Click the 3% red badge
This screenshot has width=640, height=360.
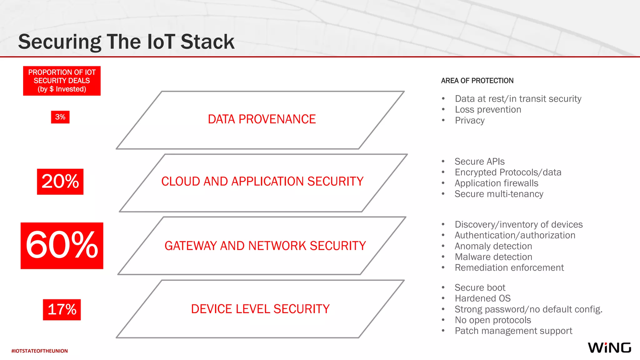click(x=60, y=117)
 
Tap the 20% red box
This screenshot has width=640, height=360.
click(x=60, y=182)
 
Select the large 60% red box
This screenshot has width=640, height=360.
click(x=62, y=246)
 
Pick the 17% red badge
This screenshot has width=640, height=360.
click(x=62, y=309)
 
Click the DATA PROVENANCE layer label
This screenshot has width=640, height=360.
click(x=262, y=119)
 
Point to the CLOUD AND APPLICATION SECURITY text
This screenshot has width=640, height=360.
click(x=262, y=182)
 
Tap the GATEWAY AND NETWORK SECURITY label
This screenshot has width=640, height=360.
click(x=265, y=246)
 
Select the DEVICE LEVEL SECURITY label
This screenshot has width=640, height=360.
click(x=260, y=309)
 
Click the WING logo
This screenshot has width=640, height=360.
click(x=609, y=348)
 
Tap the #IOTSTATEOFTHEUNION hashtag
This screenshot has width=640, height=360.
click(x=40, y=351)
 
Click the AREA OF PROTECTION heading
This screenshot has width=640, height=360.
click(x=477, y=81)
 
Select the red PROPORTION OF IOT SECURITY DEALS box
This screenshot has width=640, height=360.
click(x=62, y=81)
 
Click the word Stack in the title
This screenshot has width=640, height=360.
click(x=207, y=42)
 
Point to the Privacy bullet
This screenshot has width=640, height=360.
click(x=470, y=121)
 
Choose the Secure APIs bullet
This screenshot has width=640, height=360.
click(x=479, y=162)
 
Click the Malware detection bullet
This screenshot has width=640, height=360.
click(x=493, y=257)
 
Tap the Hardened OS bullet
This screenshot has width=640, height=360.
click(x=482, y=298)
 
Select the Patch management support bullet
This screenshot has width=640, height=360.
click(x=513, y=331)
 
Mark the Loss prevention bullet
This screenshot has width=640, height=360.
click(x=488, y=110)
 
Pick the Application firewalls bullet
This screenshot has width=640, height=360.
click(x=496, y=183)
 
